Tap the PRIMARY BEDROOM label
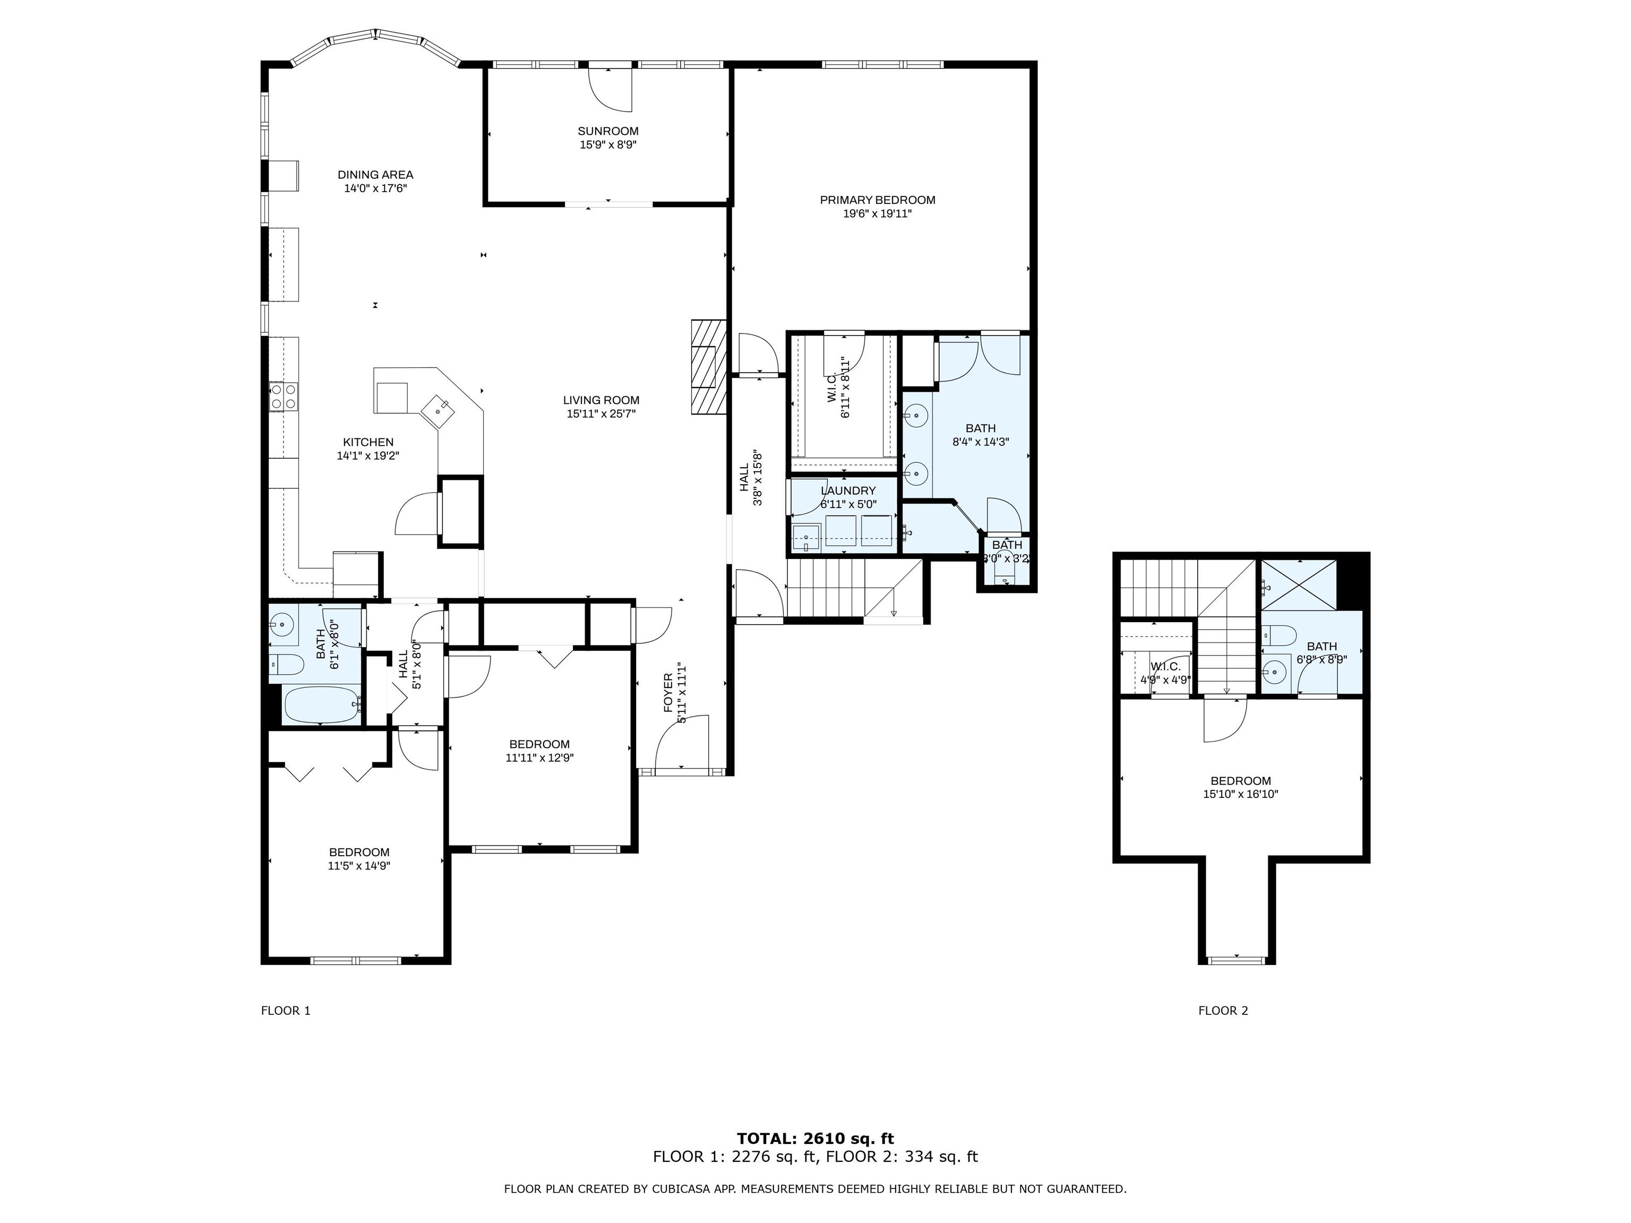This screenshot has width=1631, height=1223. pyautogui.click(x=878, y=200)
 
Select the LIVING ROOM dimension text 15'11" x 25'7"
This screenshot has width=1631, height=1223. pyautogui.click(x=601, y=414)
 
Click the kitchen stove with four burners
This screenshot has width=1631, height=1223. pyautogui.click(x=283, y=396)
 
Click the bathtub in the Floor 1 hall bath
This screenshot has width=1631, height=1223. pyautogui.click(x=322, y=705)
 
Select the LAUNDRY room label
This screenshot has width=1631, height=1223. pyautogui.click(x=848, y=491)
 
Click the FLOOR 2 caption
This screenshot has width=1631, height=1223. pyautogui.click(x=1223, y=1011)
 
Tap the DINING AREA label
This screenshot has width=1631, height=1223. pyautogui.click(x=375, y=175)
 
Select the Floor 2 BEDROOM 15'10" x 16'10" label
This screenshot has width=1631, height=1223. pyautogui.click(x=1241, y=787)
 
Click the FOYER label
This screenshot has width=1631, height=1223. pyautogui.click(x=668, y=693)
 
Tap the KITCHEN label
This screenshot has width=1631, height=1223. pyautogui.click(x=368, y=442)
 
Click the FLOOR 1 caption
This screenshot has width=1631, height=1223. pyautogui.click(x=285, y=1011)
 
